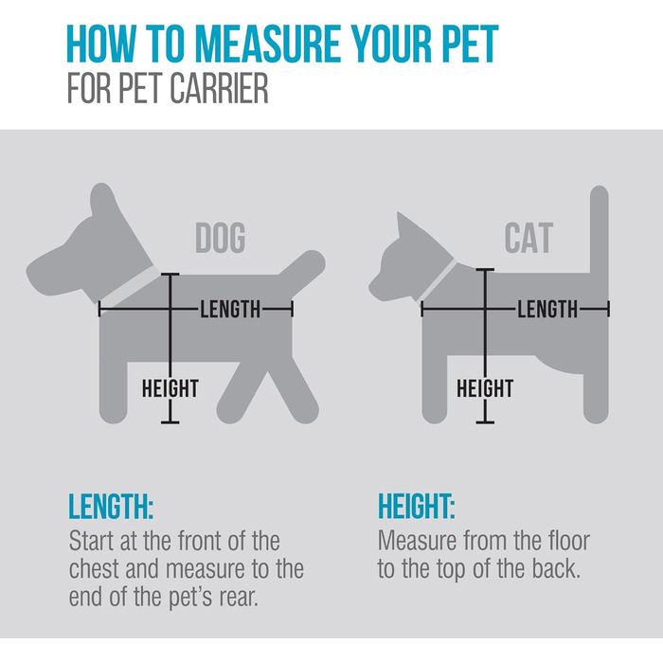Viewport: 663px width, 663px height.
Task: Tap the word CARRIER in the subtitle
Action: point(219,88)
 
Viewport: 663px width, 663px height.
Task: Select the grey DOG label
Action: point(221,238)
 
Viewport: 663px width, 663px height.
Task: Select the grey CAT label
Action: point(529,238)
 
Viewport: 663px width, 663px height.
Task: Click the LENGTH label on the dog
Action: point(230,309)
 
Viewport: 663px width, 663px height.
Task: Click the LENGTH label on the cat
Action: point(547,309)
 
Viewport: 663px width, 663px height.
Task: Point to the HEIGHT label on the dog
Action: point(170,388)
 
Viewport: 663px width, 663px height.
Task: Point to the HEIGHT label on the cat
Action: point(485,388)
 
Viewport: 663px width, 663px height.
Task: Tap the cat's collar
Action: point(438,280)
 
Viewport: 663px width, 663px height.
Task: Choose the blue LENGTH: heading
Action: point(111,506)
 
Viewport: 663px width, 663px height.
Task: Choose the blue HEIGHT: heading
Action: point(417,506)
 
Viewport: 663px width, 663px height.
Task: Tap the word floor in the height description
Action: point(568,541)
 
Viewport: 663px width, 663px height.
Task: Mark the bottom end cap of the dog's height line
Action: point(170,422)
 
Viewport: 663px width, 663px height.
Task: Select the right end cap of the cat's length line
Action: point(608,309)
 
